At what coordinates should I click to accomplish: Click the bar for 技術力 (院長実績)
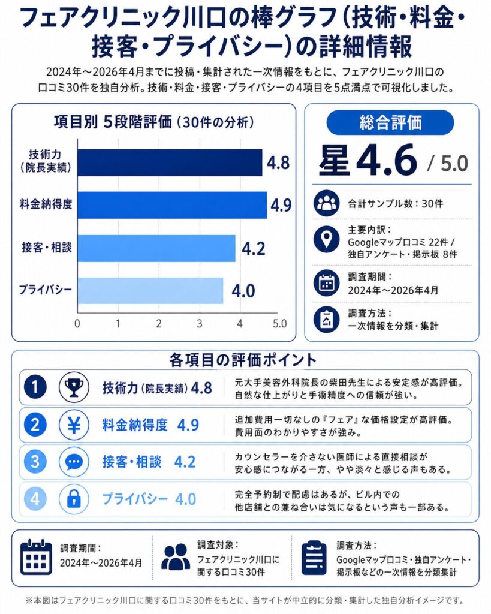170,162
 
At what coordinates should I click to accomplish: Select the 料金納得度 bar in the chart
172,205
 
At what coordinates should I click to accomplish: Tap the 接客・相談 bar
156,248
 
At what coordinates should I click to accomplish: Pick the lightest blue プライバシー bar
150,290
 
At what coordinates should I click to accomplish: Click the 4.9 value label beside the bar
281,206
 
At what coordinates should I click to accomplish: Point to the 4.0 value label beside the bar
243,291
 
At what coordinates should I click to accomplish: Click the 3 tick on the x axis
200,324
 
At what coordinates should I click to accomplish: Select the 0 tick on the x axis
77,324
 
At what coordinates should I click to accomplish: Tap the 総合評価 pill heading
390,122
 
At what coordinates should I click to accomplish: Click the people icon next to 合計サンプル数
327,204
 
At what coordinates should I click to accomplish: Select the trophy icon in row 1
74,387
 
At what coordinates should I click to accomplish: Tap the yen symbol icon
74,425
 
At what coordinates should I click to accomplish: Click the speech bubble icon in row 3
74,462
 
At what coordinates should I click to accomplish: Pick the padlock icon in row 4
74,499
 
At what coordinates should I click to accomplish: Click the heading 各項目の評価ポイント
243,360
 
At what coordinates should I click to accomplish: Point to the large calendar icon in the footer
36,558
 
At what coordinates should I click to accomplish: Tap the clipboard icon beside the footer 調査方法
314,558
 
